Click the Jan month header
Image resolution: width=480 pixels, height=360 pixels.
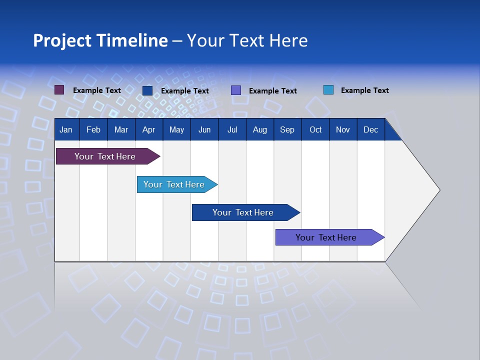(x=66, y=129)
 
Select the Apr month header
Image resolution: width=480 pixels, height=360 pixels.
(x=148, y=129)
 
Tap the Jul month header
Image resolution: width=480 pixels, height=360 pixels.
(x=232, y=129)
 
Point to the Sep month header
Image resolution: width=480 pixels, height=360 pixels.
(x=287, y=129)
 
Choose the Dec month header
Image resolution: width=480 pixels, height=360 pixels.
(x=370, y=129)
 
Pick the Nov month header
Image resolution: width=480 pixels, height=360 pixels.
(x=342, y=129)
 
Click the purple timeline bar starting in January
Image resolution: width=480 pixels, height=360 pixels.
(x=105, y=156)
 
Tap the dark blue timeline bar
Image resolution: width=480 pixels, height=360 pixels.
(x=243, y=212)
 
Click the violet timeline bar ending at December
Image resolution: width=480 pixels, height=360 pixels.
(x=326, y=237)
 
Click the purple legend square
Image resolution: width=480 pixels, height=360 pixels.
(x=59, y=90)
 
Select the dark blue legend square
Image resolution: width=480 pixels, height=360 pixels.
(x=147, y=90)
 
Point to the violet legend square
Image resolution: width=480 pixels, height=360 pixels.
(x=236, y=90)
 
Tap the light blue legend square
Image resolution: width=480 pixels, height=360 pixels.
(x=328, y=90)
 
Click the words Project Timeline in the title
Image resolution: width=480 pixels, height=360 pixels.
(x=100, y=40)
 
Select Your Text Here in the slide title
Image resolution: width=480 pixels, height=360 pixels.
(x=247, y=40)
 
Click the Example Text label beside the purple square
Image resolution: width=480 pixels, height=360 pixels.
(x=97, y=90)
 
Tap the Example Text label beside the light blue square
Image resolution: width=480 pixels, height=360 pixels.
(x=364, y=90)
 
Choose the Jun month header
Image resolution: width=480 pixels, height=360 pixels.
(x=204, y=129)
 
